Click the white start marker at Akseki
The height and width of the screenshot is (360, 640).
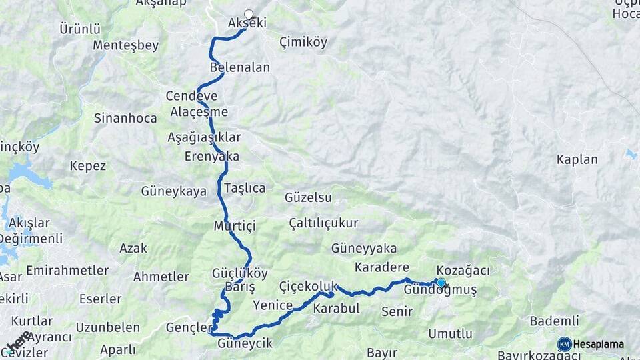click(249, 14)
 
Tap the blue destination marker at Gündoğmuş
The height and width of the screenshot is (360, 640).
click(441, 283)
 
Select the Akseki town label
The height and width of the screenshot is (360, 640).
click(247, 23)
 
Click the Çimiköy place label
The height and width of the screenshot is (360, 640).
click(303, 42)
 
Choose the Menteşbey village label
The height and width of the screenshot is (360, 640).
click(126, 45)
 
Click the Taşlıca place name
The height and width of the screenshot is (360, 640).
click(245, 188)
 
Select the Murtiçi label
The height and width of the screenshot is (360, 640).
click(235, 225)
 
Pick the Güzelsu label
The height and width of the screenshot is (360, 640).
click(308, 197)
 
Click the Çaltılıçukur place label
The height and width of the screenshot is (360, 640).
click(323, 223)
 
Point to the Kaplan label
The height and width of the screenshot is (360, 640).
click(577, 159)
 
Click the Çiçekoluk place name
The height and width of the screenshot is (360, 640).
click(309, 285)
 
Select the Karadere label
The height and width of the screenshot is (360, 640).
click(381, 267)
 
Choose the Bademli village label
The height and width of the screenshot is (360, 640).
click(554, 321)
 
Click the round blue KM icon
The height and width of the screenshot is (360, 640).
click(564, 344)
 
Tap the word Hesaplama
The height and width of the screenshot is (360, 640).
click(599, 344)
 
